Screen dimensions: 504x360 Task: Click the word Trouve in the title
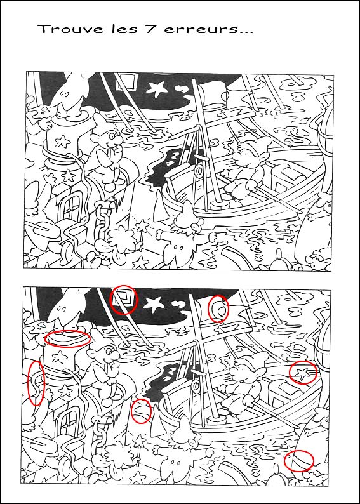[x=60, y=29]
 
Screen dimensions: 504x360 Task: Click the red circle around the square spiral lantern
[x=124, y=299]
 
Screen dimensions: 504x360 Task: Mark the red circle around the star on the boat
[x=303, y=372]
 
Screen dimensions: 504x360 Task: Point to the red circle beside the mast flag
[x=218, y=308]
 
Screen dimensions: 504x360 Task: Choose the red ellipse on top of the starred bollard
[x=68, y=338]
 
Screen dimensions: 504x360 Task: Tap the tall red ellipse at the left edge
[x=36, y=383]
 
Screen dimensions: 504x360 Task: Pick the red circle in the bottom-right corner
[x=299, y=460]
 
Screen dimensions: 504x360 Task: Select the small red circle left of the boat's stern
[x=142, y=411]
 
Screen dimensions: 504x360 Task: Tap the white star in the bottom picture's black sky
[x=155, y=304]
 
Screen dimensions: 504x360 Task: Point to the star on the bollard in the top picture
[x=62, y=140]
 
